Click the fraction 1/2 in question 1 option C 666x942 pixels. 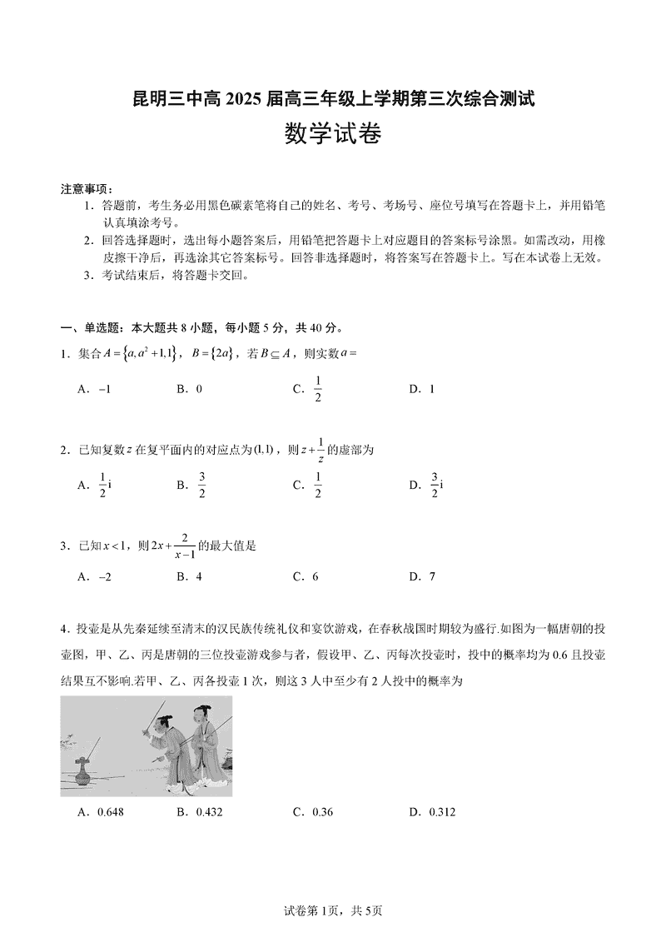pos(317,389)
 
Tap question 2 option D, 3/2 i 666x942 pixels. pos(434,484)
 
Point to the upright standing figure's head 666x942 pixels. pos(201,713)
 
